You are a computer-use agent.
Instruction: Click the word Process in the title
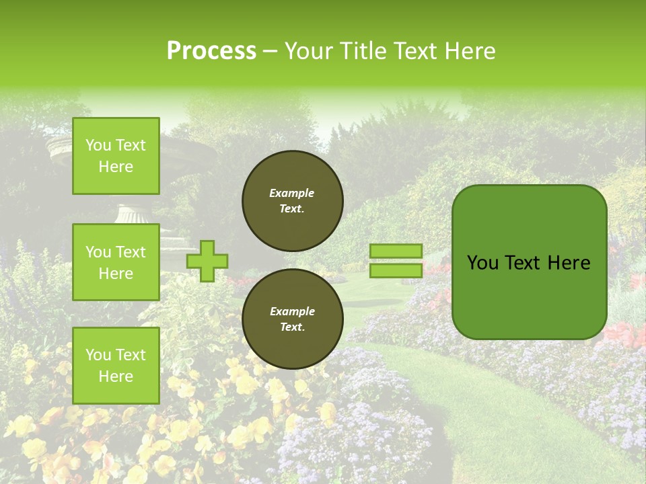coord(211,51)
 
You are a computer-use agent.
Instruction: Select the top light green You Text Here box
coord(116,156)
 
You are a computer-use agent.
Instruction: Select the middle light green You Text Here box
coord(116,262)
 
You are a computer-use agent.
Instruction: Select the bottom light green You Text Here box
coord(116,366)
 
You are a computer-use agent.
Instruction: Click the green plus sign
coord(207,261)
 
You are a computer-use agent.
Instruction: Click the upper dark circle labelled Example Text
coord(293,201)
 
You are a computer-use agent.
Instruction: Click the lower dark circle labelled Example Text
coord(293,319)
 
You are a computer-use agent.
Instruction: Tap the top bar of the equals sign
coord(396,251)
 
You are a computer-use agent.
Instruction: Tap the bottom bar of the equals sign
coord(396,270)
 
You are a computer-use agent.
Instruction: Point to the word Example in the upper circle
coord(292,193)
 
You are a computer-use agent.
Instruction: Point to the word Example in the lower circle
coord(292,311)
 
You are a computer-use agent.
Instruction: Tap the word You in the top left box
coord(98,145)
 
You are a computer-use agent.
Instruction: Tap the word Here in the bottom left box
coord(116,376)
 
